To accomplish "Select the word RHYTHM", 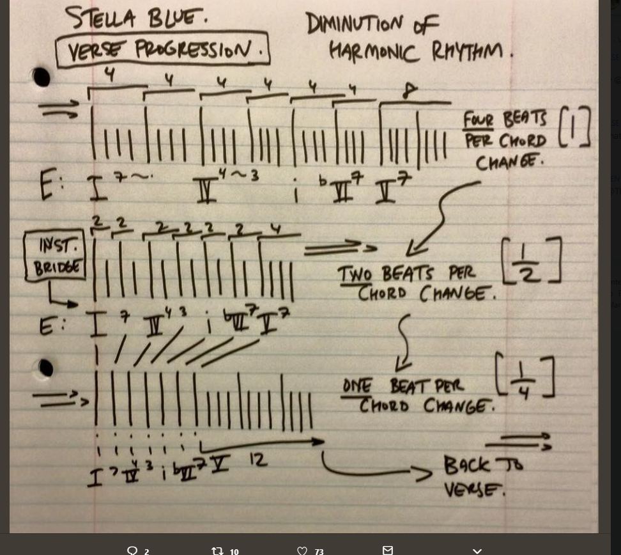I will click(467, 51).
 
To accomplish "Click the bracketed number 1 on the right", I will click(574, 127).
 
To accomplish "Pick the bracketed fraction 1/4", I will click(525, 377).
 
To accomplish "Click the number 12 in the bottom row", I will click(258, 459).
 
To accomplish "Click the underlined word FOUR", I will click(479, 120).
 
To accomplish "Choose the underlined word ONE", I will click(356, 386).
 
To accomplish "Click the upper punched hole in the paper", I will click(42, 78).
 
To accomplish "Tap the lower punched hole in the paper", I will click(45, 368).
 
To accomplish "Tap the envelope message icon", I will click(388, 550).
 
